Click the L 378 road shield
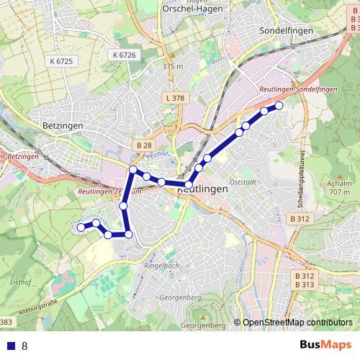tap(174, 98)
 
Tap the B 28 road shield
tap(144, 145)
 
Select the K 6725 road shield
tap(63, 62)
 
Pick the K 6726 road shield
tap(123, 55)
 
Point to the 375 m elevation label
tap(174, 66)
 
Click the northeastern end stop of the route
tap(279, 106)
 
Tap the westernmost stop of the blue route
tap(80, 228)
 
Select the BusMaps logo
tap(326, 345)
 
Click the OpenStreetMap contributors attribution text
tap(297, 323)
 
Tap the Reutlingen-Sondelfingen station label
tap(297, 88)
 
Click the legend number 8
tap(24, 346)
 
